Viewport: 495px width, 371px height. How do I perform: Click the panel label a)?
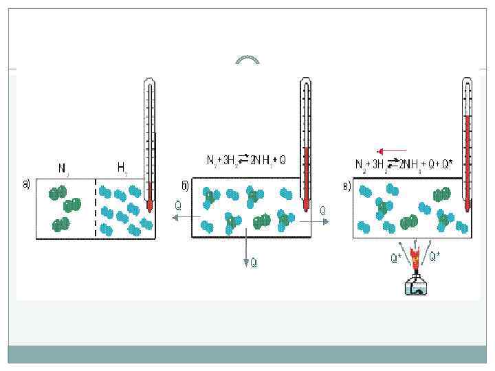pos(26,184)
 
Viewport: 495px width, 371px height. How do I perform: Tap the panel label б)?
pos(184,186)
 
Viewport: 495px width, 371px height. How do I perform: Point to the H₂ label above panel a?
pos(122,167)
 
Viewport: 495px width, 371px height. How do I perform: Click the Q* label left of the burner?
pos(396,258)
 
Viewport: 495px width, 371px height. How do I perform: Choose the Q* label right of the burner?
pos(436,258)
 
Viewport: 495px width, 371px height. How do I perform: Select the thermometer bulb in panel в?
pos(467,205)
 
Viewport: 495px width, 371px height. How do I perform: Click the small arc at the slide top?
pos(247,60)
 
